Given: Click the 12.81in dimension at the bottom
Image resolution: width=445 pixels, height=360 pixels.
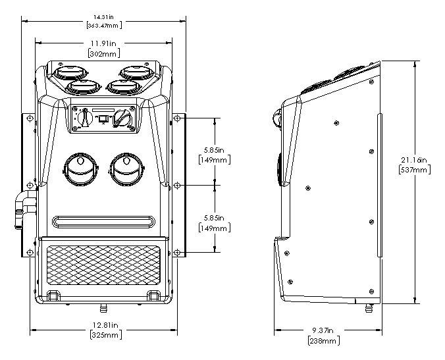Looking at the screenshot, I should [x=105, y=325].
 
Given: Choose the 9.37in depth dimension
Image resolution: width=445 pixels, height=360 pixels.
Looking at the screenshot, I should [x=323, y=331].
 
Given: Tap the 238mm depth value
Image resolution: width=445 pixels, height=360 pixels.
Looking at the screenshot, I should [x=323, y=340].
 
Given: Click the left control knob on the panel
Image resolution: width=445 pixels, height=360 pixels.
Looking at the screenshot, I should [x=83, y=118].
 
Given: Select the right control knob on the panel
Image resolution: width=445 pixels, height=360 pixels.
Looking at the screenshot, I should [x=122, y=118].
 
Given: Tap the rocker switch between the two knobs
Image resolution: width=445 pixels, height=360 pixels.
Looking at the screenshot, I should [x=103, y=118].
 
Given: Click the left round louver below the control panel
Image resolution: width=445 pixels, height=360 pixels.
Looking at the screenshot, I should [x=78, y=170].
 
